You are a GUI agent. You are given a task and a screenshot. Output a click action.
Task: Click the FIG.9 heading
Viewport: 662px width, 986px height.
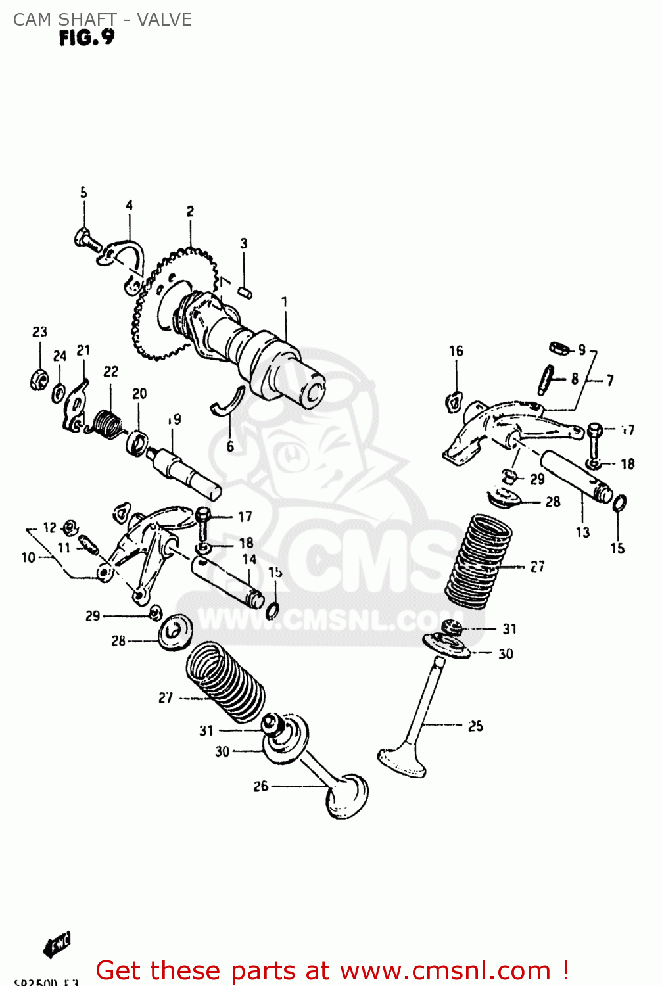(86, 38)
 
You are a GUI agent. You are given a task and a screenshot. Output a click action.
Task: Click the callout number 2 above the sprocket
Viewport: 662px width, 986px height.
(190, 211)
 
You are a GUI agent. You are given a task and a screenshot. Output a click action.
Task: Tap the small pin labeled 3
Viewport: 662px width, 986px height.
(245, 291)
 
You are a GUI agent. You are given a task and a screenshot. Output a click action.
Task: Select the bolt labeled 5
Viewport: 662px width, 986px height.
(86, 239)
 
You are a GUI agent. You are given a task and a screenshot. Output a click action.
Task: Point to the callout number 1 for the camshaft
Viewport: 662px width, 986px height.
(285, 302)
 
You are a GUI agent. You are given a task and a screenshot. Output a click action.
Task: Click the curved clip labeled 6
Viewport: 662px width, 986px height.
(227, 402)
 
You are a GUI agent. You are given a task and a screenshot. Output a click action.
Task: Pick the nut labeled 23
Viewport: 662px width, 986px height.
(39, 379)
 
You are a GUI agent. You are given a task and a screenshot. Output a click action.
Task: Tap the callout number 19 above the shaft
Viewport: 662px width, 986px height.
(174, 419)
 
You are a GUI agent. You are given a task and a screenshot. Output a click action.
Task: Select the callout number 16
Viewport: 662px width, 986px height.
(456, 351)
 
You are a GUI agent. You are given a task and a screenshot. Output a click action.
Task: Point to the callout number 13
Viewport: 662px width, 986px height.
(582, 532)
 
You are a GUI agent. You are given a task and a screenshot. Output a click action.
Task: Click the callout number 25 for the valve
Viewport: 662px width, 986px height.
(475, 726)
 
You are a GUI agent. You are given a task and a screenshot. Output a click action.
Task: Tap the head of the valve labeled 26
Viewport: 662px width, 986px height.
(346, 796)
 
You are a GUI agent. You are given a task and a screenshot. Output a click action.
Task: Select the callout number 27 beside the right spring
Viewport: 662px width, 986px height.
(537, 566)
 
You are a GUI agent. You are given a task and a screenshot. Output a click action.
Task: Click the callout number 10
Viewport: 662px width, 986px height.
(28, 557)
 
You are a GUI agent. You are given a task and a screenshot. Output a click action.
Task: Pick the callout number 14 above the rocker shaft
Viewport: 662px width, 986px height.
(249, 559)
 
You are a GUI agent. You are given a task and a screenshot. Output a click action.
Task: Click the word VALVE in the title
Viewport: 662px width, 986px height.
(164, 20)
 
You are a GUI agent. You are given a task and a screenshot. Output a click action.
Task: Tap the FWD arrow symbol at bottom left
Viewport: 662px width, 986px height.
(57, 945)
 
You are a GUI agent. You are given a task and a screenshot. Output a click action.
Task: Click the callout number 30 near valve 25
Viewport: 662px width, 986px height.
(505, 653)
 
